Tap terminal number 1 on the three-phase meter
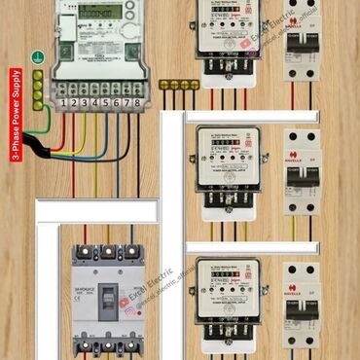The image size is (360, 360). pos(62,102)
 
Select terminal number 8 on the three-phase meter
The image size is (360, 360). pos(137,102)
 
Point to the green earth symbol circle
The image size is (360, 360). pos(37,57)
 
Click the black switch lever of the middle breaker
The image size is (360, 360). pos(302,176)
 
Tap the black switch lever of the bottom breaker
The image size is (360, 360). pos(302,311)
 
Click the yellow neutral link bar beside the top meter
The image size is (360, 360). pos(180,85)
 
